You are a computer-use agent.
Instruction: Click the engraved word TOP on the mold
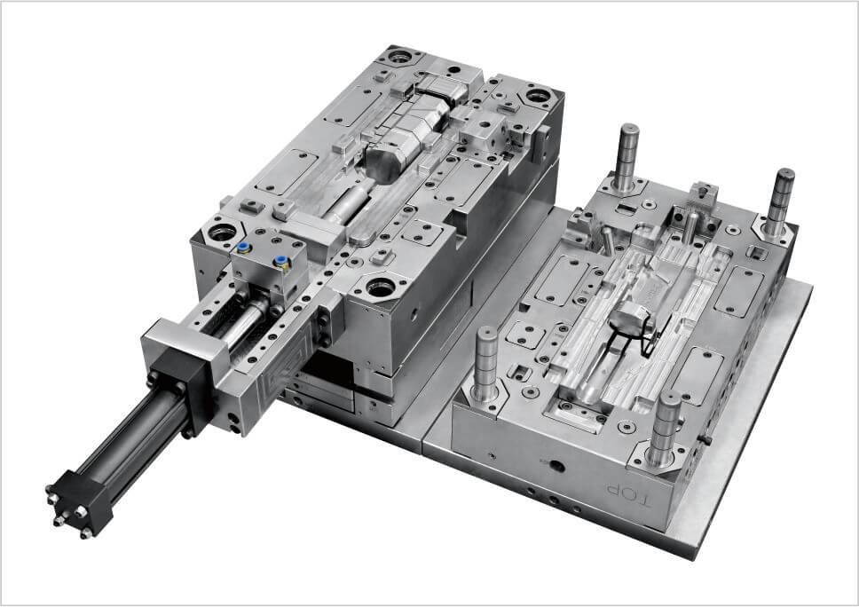(628, 493)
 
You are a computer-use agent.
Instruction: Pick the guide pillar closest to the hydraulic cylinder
(486, 365)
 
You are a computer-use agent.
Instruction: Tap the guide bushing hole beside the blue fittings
(222, 232)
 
